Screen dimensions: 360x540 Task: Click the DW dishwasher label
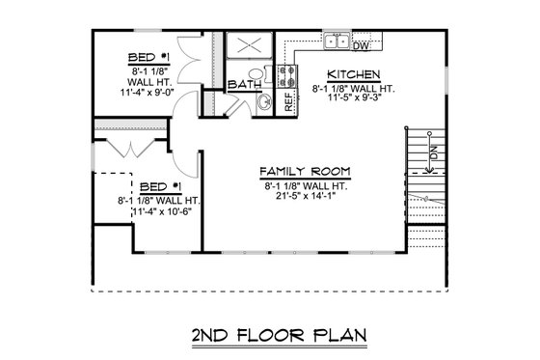click(362, 45)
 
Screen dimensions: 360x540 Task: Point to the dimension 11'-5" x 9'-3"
click(354, 97)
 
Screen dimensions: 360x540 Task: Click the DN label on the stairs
click(434, 152)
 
